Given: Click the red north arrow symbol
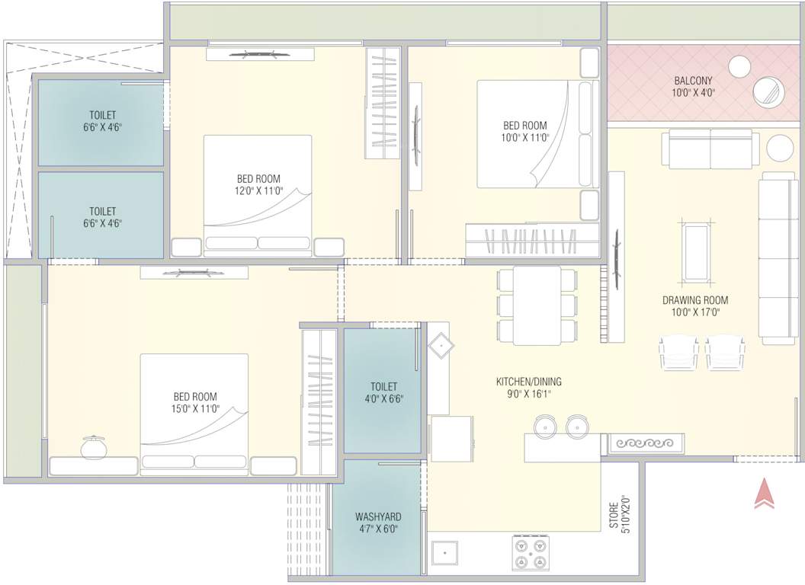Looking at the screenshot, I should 764,494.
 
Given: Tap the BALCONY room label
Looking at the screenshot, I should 693,81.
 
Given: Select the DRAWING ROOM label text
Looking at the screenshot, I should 694,300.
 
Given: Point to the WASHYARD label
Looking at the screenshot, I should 378,516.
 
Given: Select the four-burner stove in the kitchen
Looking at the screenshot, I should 531,552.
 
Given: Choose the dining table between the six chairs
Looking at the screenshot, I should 537,305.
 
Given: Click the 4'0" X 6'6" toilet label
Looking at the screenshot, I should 383,392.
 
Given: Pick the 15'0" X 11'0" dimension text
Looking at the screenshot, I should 195,408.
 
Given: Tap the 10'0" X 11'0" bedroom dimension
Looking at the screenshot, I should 524,138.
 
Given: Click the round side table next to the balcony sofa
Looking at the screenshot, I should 780,148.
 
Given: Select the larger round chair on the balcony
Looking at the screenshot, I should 769,91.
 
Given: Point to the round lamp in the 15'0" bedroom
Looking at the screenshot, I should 94,447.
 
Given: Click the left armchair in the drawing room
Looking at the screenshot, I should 678,353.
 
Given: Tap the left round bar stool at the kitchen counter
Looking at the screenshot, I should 545,426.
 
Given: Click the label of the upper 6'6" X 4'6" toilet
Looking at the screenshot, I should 101,121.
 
